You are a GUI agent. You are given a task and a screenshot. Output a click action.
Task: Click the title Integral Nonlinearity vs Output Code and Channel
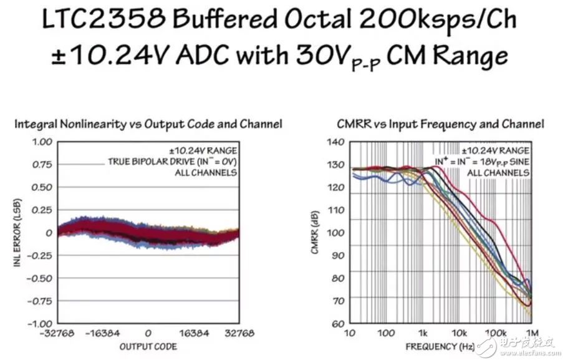(148, 124)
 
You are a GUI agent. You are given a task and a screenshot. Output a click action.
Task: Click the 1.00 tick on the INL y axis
(39, 142)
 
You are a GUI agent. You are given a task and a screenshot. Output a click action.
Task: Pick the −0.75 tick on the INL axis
(37, 301)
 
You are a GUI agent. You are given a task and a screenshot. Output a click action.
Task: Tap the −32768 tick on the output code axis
(55, 334)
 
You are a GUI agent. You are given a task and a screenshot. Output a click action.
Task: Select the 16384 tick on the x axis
(193, 334)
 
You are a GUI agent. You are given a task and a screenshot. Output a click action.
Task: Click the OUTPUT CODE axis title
(148, 346)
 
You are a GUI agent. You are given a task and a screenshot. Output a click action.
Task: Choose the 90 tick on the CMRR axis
(337, 255)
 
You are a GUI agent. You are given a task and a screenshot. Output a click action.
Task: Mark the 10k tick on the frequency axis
(460, 334)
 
